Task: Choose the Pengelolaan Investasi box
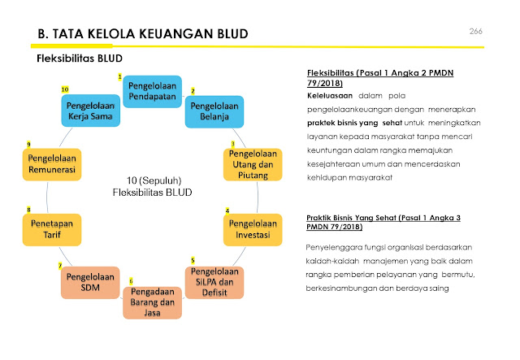[253, 228]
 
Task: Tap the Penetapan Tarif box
[52, 229]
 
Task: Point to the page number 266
[476, 31]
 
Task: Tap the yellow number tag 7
[60, 266]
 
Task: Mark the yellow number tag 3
[232, 144]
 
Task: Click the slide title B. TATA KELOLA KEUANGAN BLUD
[142, 33]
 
